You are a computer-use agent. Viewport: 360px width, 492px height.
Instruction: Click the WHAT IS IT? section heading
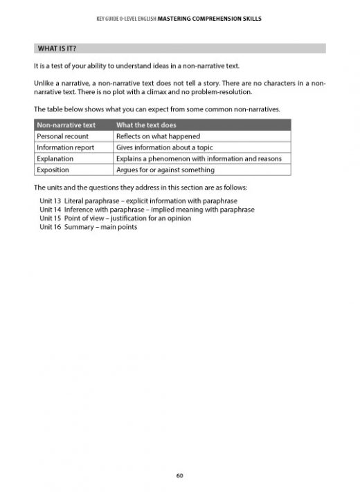tap(57, 48)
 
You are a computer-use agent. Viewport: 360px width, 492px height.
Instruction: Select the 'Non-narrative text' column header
tap(66, 125)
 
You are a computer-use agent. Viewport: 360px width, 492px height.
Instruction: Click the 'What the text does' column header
tap(146, 125)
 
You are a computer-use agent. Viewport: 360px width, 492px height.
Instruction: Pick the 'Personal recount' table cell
tap(62, 136)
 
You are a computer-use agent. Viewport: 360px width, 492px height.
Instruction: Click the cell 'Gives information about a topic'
tap(164, 147)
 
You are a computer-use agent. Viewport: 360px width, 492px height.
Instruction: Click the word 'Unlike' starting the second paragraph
tap(43, 82)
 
